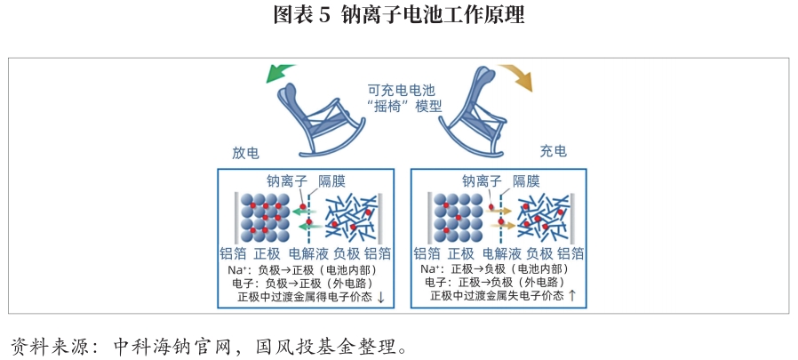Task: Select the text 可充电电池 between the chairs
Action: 403,90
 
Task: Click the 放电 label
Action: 245,152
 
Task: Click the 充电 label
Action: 553,152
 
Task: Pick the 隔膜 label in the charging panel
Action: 526,180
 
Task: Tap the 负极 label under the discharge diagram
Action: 347,252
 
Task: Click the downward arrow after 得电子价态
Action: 381,297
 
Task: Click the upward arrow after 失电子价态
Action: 572,295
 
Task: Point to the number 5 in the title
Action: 324,15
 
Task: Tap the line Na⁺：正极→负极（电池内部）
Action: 493,268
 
